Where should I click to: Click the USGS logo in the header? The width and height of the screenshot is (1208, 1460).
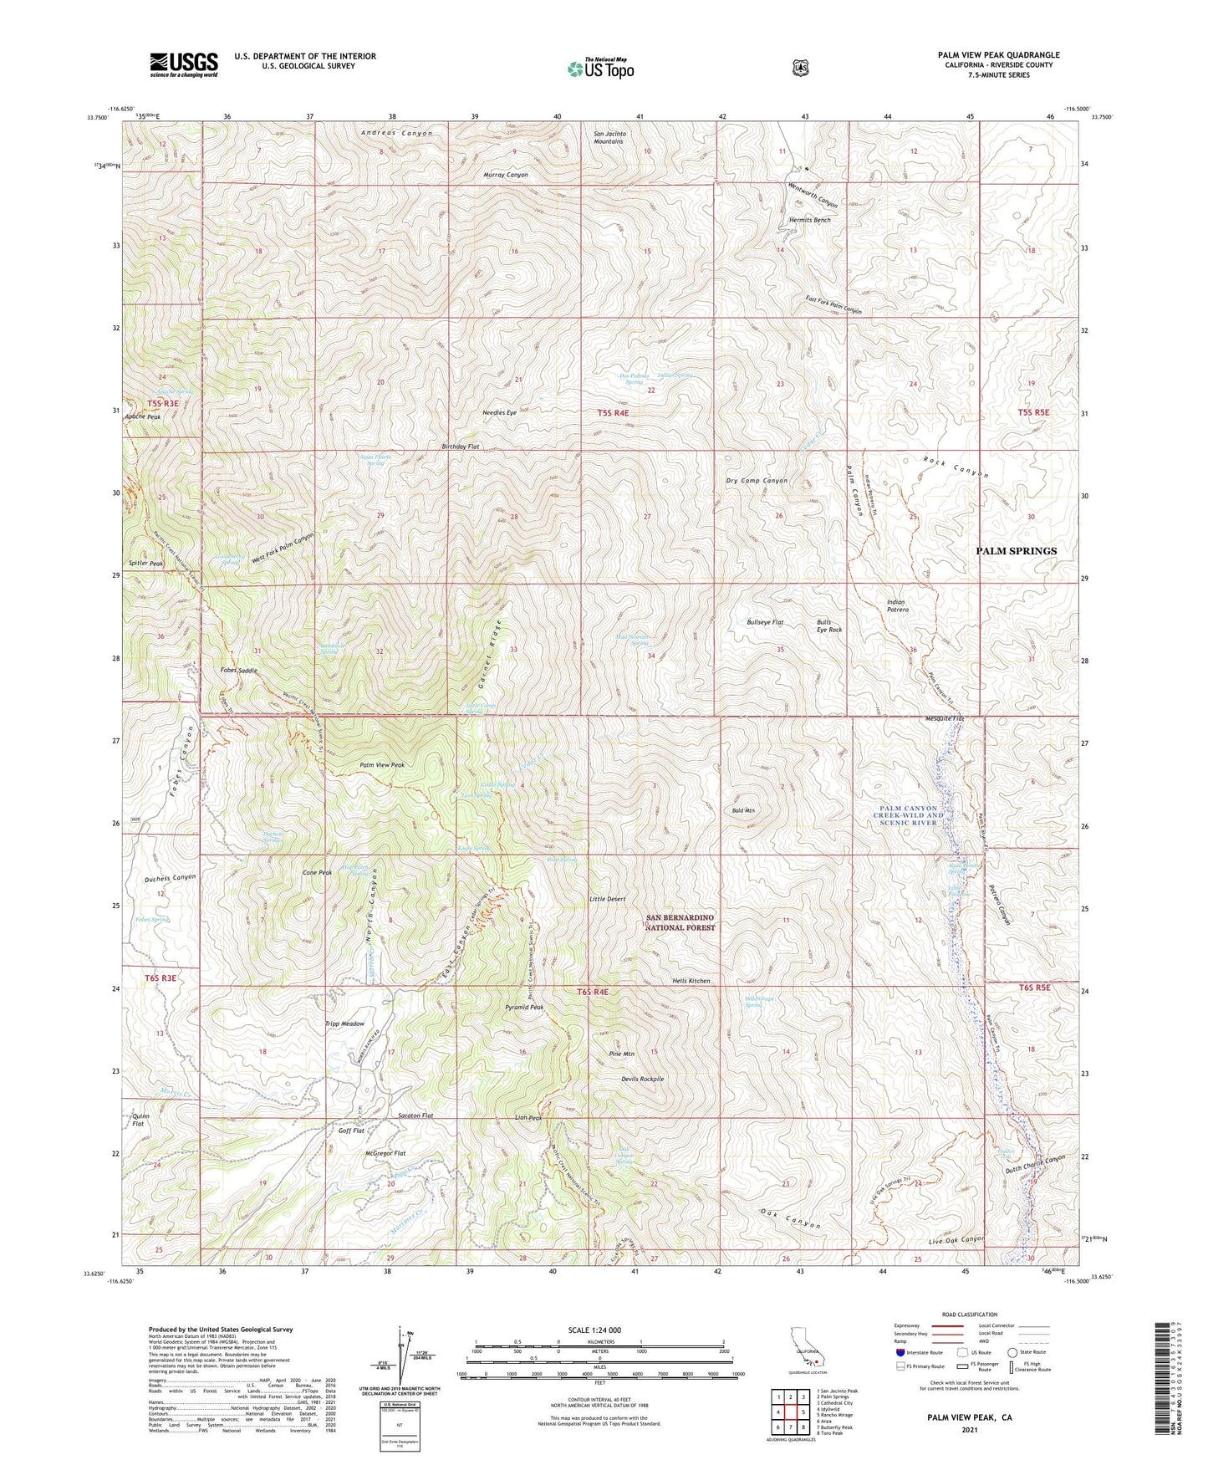(x=184, y=64)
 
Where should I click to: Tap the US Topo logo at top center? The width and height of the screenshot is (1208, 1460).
(x=599, y=69)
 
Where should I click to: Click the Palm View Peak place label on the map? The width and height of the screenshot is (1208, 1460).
(x=381, y=765)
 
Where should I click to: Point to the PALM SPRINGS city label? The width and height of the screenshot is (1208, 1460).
(x=1016, y=551)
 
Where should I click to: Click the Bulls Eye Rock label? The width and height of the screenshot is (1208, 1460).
(x=828, y=625)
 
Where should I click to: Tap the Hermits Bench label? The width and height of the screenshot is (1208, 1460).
(x=809, y=220)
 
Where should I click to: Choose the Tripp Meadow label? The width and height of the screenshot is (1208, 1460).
(x=344, y=1024)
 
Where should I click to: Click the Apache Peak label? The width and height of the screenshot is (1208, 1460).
(x=143, y=416)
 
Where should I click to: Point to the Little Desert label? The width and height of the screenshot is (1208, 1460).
(x=607, y=899)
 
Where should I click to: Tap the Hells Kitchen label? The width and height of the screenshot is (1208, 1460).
(x=691, y=981)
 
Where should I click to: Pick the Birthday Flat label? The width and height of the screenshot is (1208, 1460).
(x=461, y=447)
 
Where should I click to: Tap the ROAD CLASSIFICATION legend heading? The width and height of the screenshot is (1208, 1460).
(x=970, y=1315)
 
